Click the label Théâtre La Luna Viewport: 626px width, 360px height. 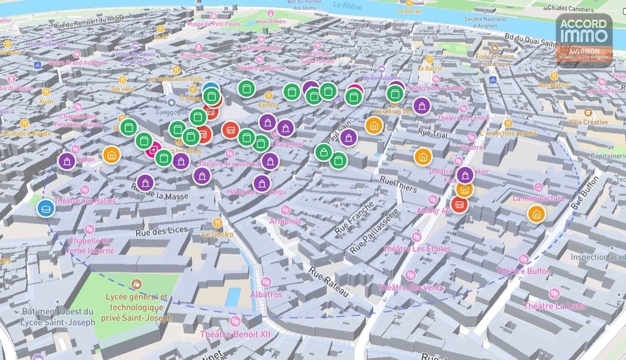pyautogui.click(x=552, y=306)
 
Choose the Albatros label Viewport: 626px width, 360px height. pyautogui.click(x=266, y=294)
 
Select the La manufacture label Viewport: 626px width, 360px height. pyautogui.click(x=539, y=198)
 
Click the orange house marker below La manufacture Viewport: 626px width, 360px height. pyautogui.click(x=536, y=213)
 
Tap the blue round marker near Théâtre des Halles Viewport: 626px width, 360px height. pyautogui.click(x=46, y=208)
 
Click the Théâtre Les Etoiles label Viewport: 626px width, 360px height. pyautogui.click(x=417, y=248)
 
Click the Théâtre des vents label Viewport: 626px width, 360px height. pyautogui.click(x=411, y=287)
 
